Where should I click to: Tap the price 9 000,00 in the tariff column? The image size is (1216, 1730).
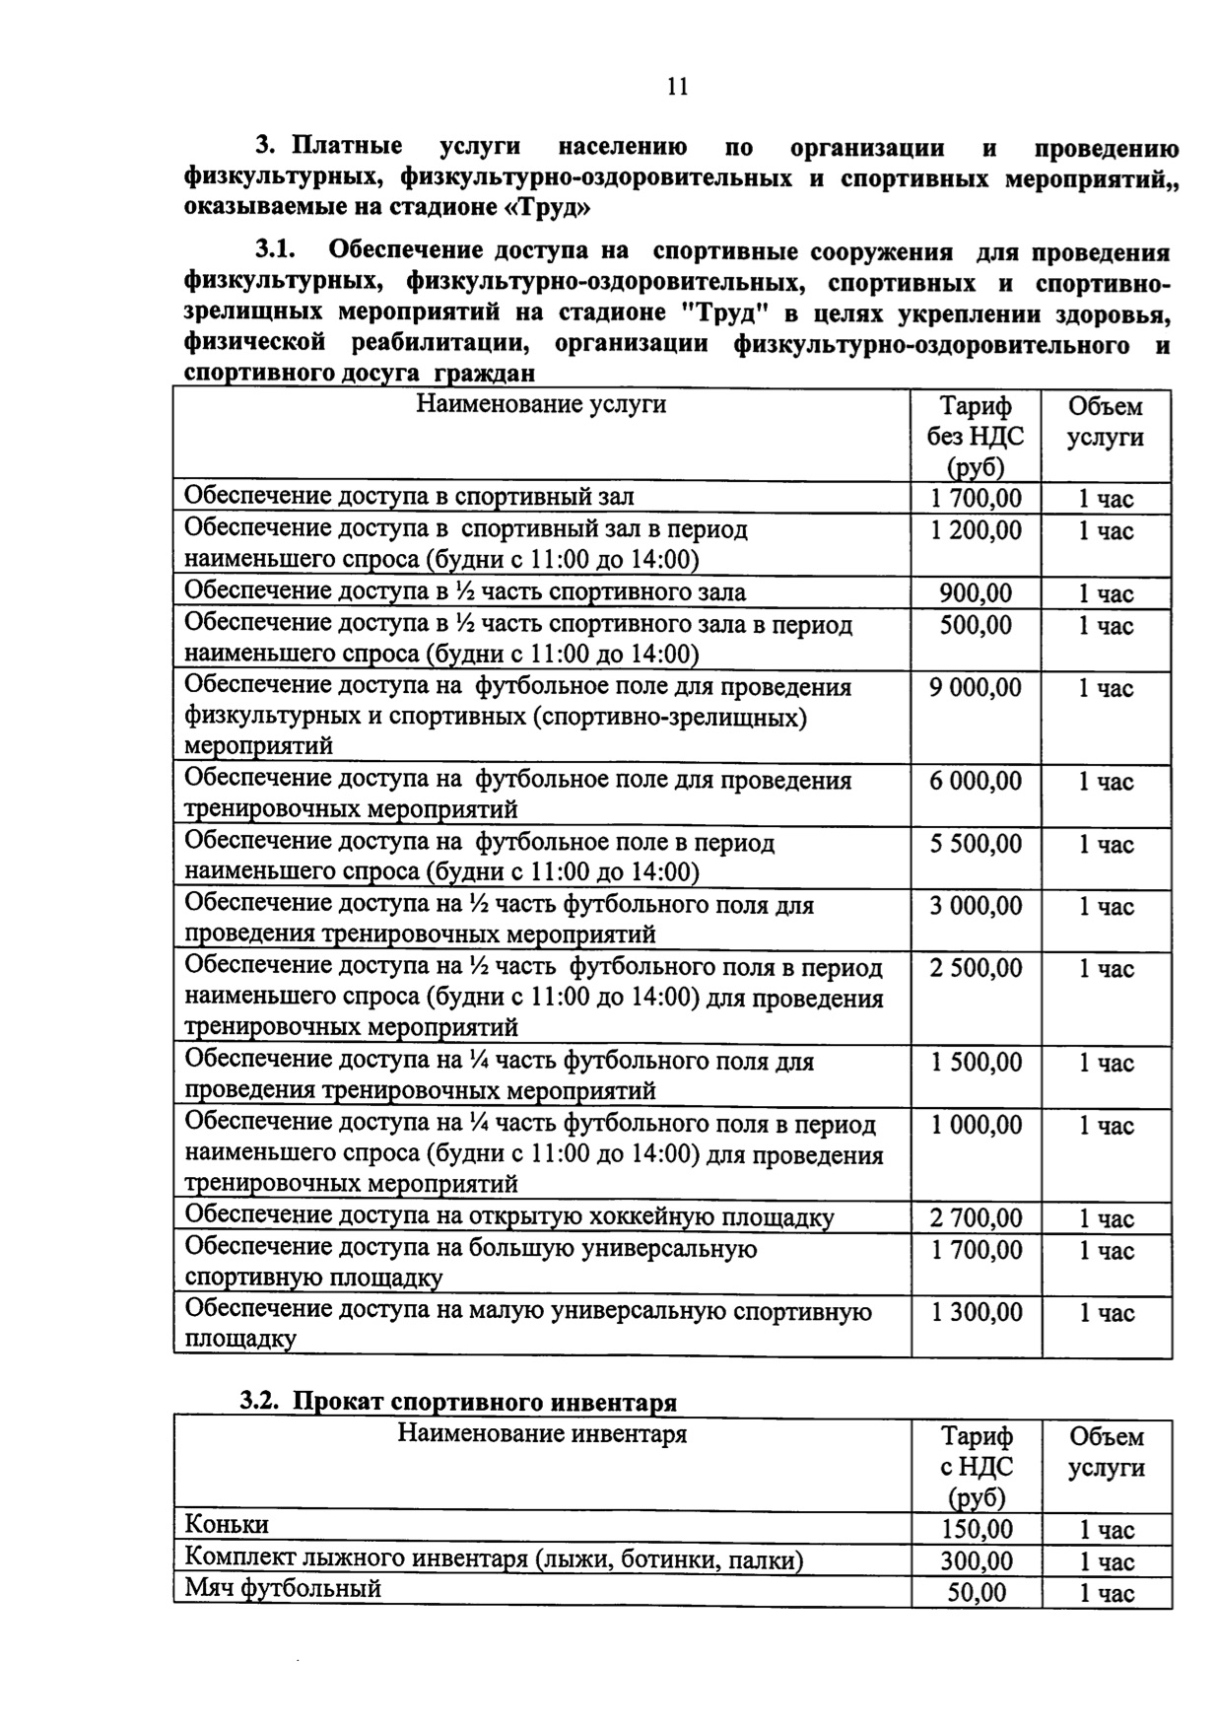click(x=976, y=688)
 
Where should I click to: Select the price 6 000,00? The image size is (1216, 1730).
click(x=976, y=782)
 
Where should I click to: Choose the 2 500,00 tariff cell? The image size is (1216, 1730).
click(x=976, y=969)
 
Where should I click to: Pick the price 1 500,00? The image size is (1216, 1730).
click(x=976, y=1063)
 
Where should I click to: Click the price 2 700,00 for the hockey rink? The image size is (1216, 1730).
click(x=976, y=1219)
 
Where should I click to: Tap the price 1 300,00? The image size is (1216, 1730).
click(x=976, y=1313)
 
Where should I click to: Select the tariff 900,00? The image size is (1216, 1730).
click(x=976, y=593)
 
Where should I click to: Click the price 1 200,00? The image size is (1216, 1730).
click(x=976, y=531)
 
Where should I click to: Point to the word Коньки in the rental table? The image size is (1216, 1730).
click(x=227, y=1525)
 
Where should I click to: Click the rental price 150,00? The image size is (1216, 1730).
click(x=976, y=1530)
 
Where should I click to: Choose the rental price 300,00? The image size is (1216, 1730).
click(x=976, y=1561)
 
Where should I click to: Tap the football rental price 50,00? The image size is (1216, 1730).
click(x=976, y=1593)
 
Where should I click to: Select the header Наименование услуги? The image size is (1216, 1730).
click(x=540, y=404)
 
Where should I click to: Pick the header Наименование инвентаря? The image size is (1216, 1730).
click(x=542, y=1433)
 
